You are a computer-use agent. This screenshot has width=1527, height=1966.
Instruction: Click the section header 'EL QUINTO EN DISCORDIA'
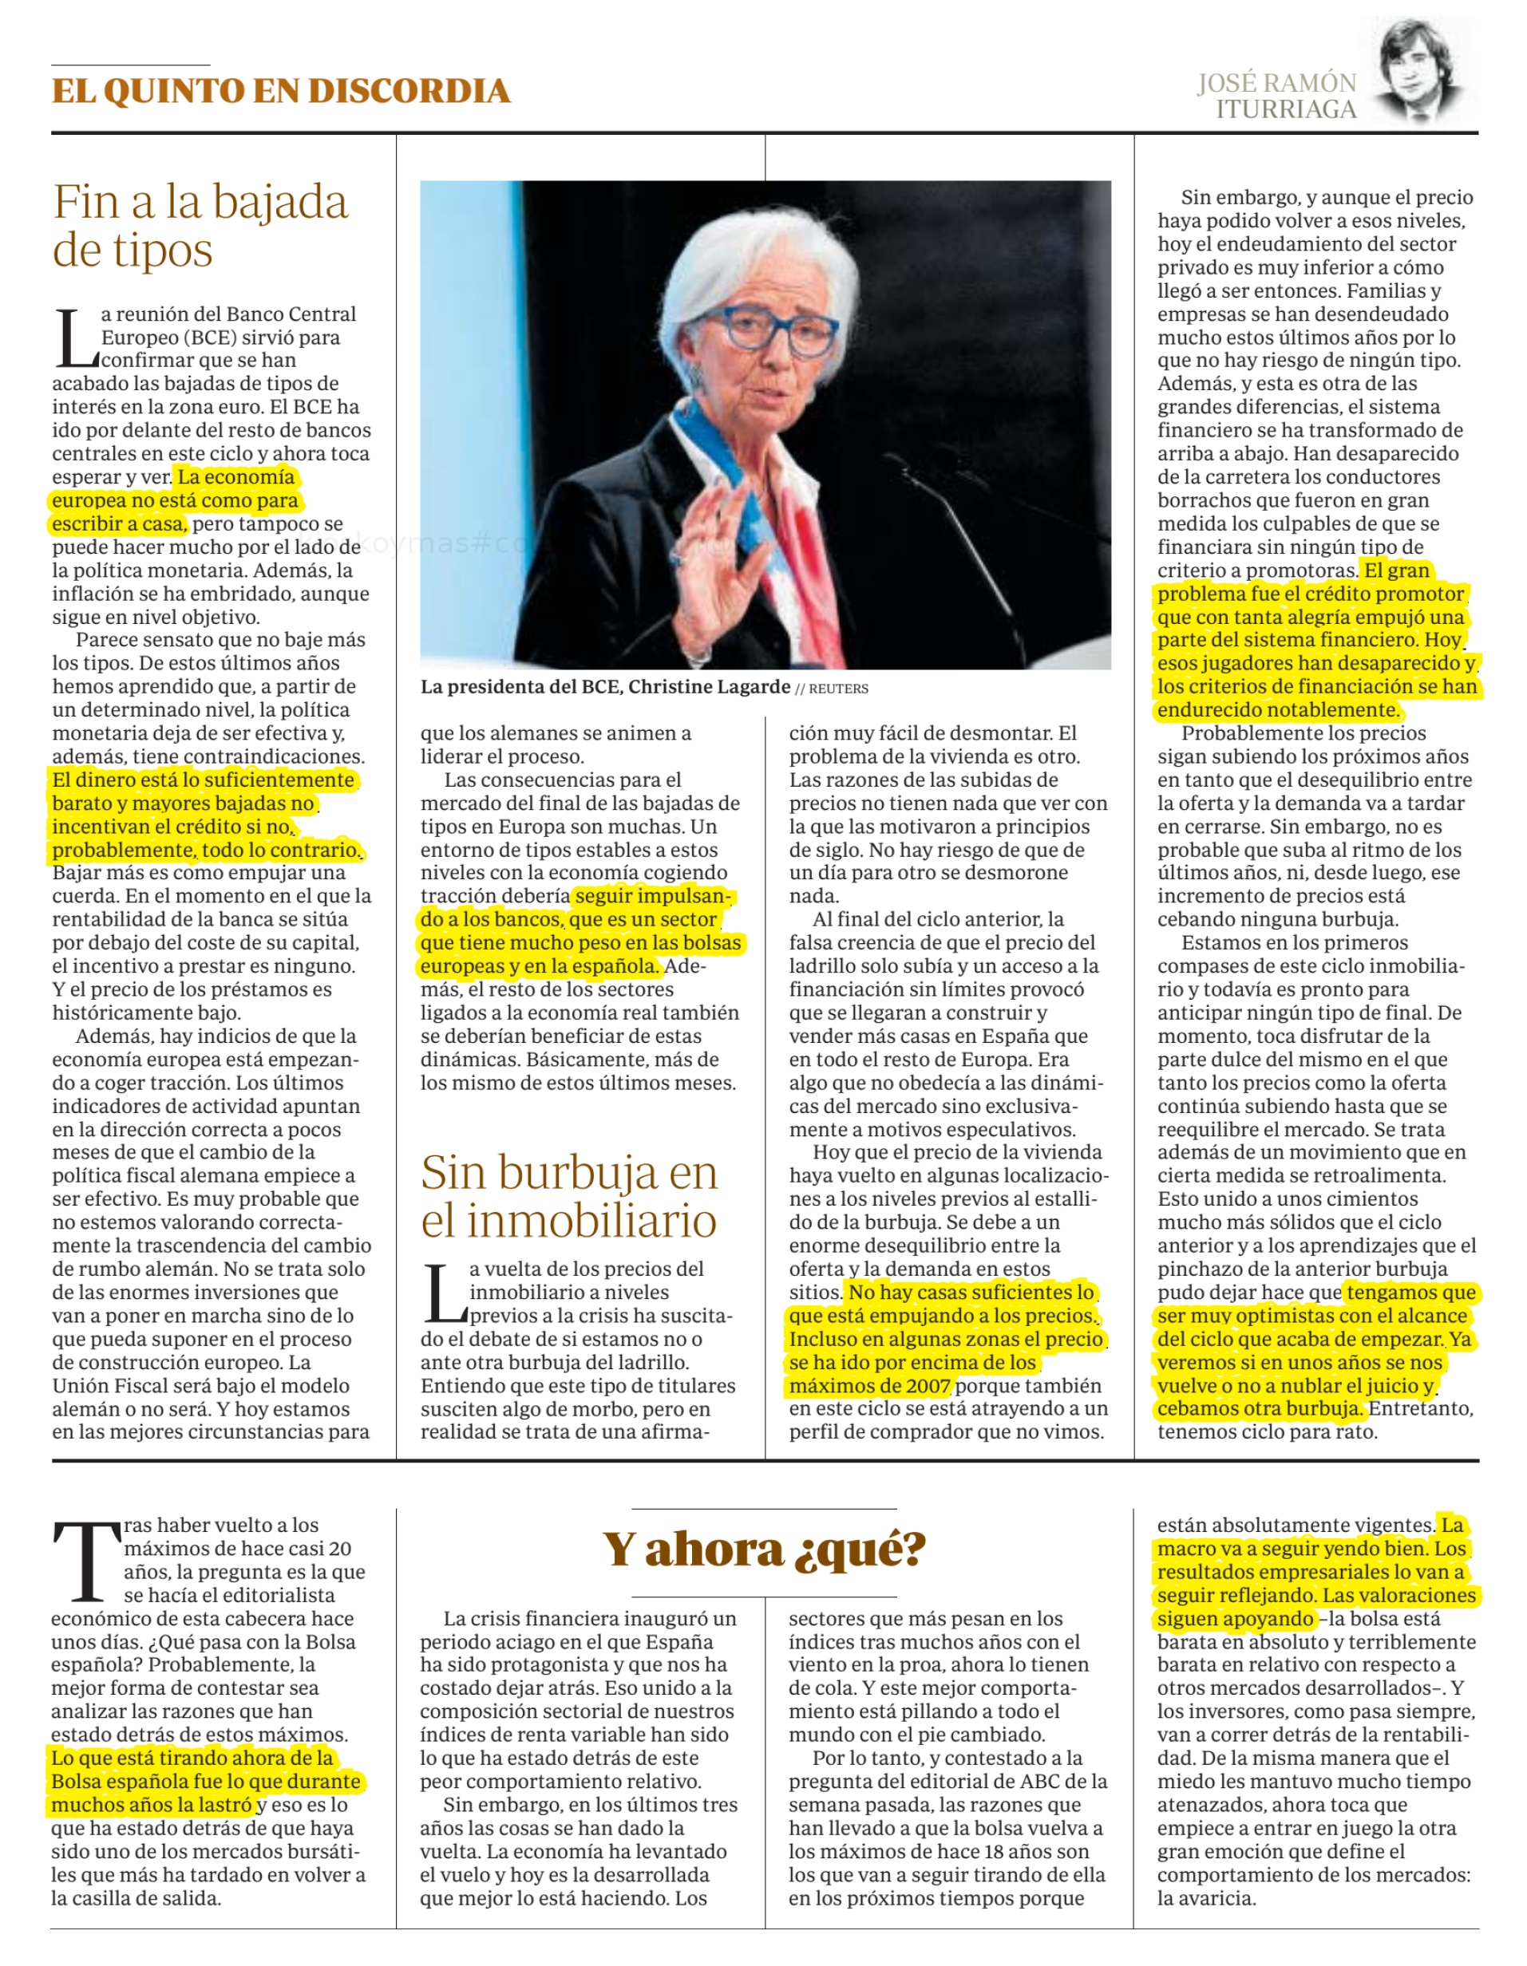click(280, 91)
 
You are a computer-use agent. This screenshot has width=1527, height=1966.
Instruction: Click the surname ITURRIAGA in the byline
click(1286, 110)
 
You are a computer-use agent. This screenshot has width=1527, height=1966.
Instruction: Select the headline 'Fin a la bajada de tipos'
click(200, 225)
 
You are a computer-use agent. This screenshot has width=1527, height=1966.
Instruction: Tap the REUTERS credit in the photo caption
click(838, 689)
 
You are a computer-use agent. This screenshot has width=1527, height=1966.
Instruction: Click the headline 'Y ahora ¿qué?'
click(765, 1550)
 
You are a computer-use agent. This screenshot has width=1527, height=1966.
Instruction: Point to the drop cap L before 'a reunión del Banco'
click(75, 338)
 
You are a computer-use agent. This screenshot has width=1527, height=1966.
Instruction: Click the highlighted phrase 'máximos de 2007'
click(870, 1385)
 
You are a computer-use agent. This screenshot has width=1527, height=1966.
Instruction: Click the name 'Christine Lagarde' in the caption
click(709, 687)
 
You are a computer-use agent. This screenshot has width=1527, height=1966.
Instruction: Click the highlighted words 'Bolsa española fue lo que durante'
click(206, 1781)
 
